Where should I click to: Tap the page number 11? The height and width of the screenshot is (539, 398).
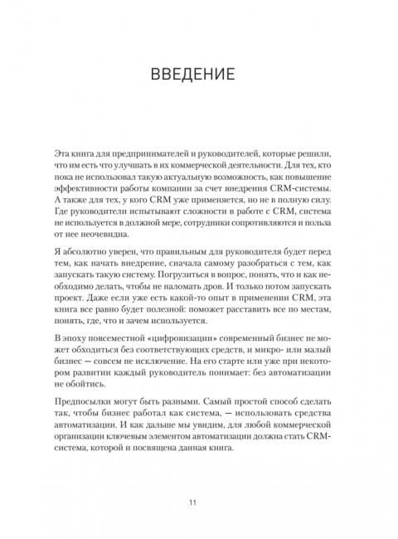pyautogui.click(x=198, y=502)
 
